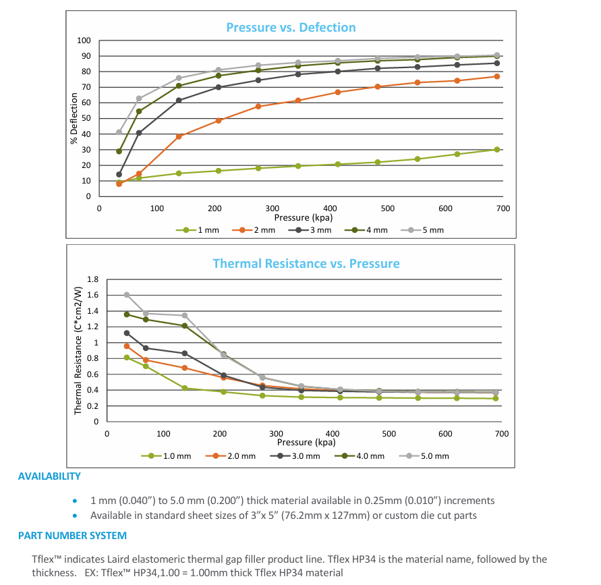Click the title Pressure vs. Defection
291,28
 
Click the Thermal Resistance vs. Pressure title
306,263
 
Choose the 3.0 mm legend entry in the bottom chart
300,456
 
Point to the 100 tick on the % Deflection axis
84,40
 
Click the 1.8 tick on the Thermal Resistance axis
94,279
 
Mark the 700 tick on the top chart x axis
503,208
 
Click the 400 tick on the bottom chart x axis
332,434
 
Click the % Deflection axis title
75,119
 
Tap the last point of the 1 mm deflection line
497,150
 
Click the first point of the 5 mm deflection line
119,132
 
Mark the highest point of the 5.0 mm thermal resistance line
127,295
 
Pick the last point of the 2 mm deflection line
497,76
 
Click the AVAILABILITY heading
49,476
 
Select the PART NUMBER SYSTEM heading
72,536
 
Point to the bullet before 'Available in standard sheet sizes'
76,516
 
